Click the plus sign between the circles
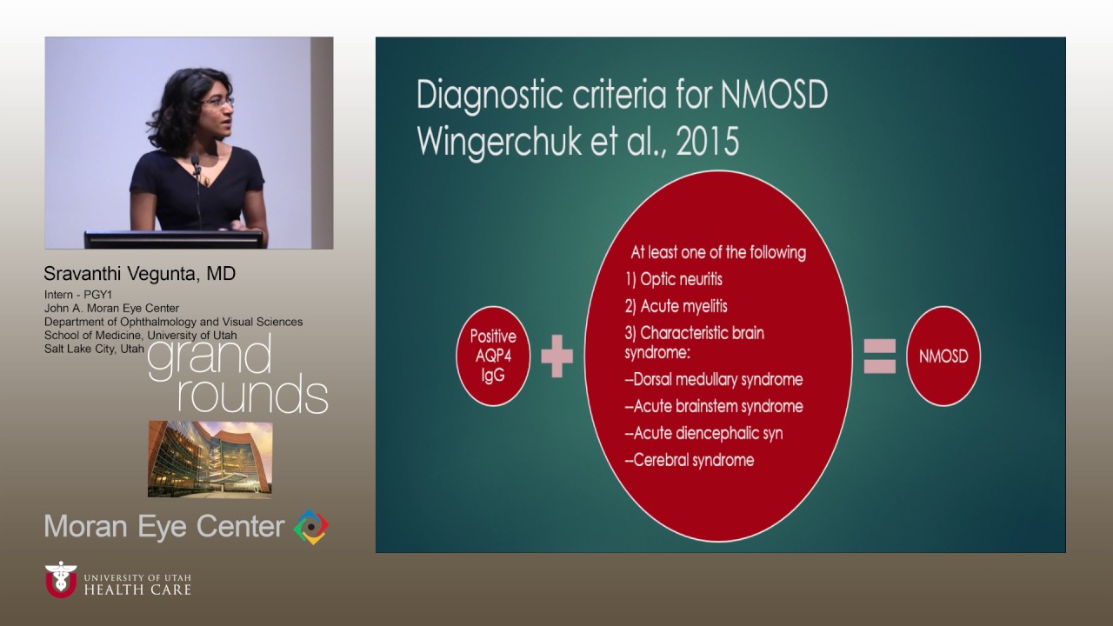(x=557, y=357)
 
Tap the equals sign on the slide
(x=879, y=356)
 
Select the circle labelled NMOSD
(x=943, y=356)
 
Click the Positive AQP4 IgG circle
(x=493, y=356)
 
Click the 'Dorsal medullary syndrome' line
(x=714, y=379)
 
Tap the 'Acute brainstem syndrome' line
(x=714, y=406)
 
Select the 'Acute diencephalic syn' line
(x=705, y=433)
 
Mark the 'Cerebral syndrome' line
(x=690, y=460)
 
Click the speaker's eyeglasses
(x=217, y=103)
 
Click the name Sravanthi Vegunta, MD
(x=140, y=274)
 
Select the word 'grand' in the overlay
(x=210, y=356)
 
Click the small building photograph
(x=210, y=459)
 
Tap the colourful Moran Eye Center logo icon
(x=311, y=527)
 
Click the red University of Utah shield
(x=61, y=580)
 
